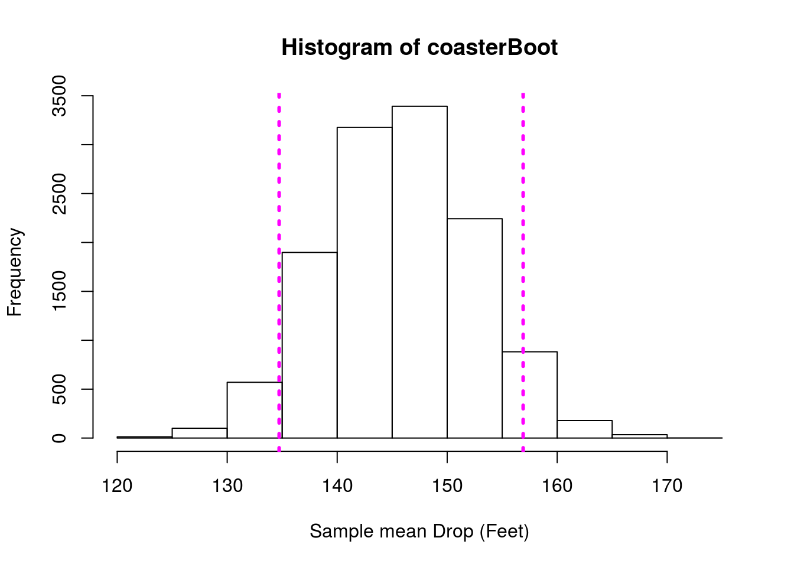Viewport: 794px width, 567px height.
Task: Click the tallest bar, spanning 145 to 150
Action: pyautogui.click(x=419, y=272)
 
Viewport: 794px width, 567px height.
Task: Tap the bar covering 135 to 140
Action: pyautogui.click(x=310, y=345)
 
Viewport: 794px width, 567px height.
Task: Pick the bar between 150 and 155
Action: pyautogui.click(x=474, y=328)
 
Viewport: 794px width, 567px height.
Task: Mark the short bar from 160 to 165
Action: pyautogui.click(x=584, y=429)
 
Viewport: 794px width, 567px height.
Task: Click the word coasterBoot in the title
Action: pyautogui.click(x=492, y=48)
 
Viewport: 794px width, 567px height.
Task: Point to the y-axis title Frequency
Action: pyautogui.click(x=14, y=272)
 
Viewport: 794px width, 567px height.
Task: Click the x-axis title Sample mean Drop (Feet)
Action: pyautogui.click(x=419, y=532)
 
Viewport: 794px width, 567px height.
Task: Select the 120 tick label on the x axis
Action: pyautogui.click(x=117, y=486)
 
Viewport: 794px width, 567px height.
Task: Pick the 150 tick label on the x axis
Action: pyautogui.click(x=447, y=486)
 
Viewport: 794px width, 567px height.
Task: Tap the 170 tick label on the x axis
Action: pyautogui.click(x=667, y=486)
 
